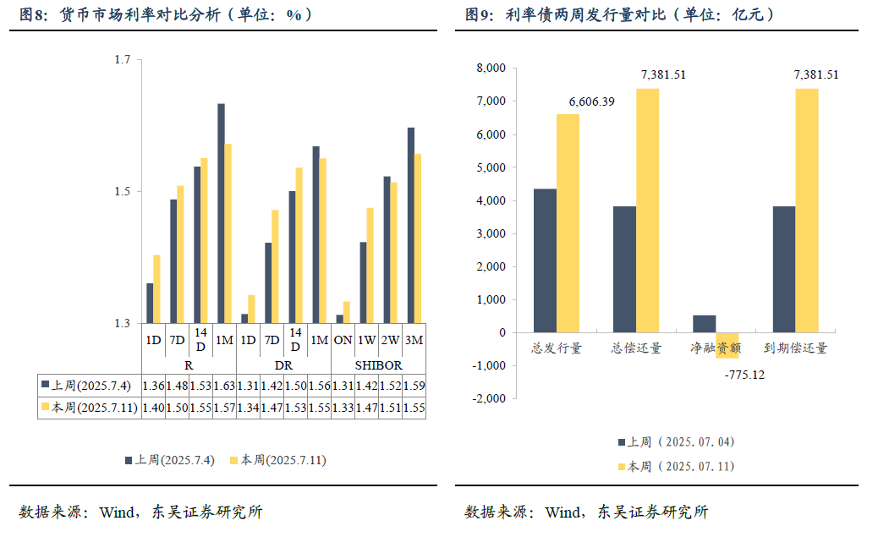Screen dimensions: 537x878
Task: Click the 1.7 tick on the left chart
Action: pyautogui.click(x=123, y=60)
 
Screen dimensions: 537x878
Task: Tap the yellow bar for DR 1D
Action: pyautogui.click(x=251, y=309)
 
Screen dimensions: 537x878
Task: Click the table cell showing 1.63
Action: pyautogui.click(x=224, y=386)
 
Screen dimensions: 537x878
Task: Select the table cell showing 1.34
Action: pyautogui.click(x=248, y=408)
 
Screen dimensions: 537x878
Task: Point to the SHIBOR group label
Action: pyautogui.click(x=378, y=365)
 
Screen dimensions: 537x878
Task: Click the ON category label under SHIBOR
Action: pyautogui.click(x=343, y=340)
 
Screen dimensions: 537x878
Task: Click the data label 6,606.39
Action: pyautogui.click(x=592, y=101)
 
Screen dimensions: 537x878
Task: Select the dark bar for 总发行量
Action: pyautogui.click(x=545, y=260)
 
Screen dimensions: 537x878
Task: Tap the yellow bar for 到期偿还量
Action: pyautogui.click(x=807, y=211)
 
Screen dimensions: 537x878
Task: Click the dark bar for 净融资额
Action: pyautogui.click(x=704, y=324)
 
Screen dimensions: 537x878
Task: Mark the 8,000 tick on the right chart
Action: pyautogui.click(x=491, y=68)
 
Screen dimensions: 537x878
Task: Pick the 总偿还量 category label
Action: pyautogui.click(x=637, y=348)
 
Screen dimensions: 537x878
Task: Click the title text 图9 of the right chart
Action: pyautogui.click(x=479, y=14)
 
